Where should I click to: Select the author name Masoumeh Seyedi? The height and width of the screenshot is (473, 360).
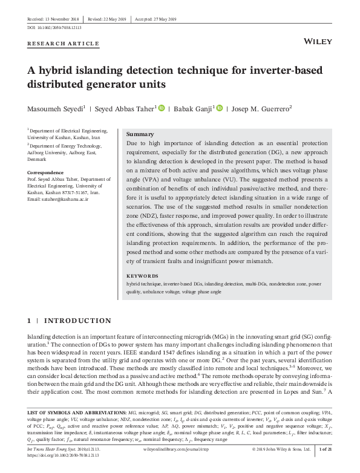(53, 108)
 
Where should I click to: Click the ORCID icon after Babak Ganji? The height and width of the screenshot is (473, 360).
(219, 108)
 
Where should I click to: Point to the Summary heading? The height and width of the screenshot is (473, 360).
(140, 134)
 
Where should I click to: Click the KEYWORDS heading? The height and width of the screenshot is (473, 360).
(142, 276)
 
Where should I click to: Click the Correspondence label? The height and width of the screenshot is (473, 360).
(47, 172)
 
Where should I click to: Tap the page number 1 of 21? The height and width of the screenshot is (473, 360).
(325, 450)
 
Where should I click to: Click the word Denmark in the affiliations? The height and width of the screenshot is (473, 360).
(38, 160)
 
